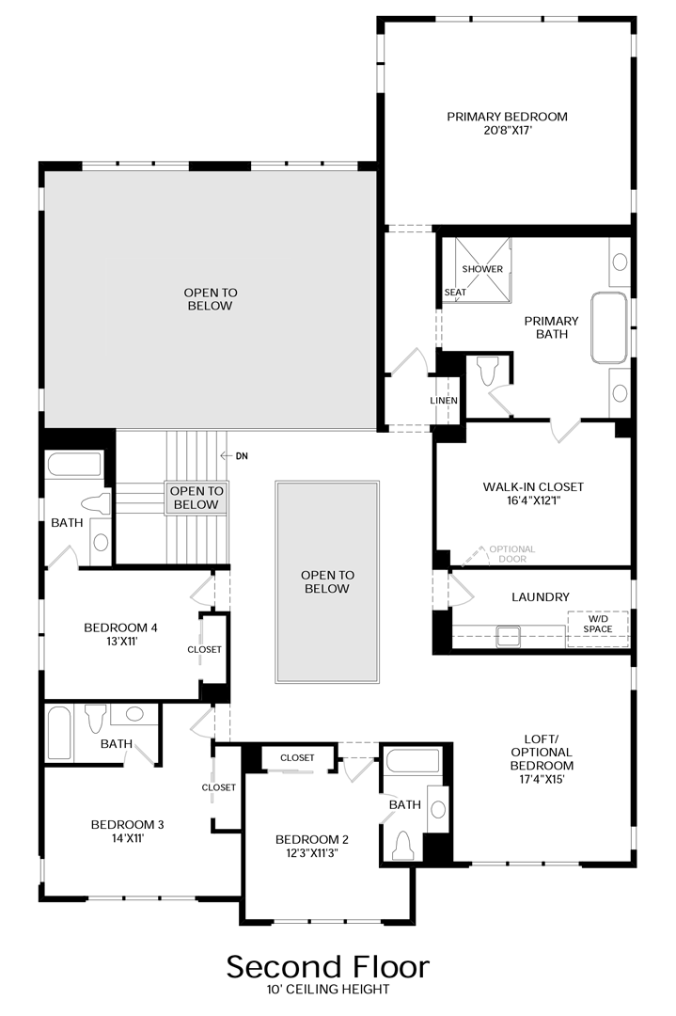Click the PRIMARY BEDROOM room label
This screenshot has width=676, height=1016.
[507, 117]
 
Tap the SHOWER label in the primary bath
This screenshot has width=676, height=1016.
[482, 269]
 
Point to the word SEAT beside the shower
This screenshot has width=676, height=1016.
[455, 293]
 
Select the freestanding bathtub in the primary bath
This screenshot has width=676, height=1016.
[608, 327]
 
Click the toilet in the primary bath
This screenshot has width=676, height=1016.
[486, 372]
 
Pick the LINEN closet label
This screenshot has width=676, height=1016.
[444, 401]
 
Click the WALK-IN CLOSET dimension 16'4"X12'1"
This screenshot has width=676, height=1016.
[533, 500]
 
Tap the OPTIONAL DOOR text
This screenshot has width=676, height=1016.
[511, 554]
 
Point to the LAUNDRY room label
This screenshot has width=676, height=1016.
[541, 596]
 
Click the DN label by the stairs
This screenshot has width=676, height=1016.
[242, 456]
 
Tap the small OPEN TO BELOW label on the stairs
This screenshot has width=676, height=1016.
[197, 498]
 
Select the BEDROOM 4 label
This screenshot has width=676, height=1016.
[120, 627]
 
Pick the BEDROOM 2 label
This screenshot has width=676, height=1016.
[312, 839]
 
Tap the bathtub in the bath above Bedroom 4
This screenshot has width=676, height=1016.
[74, 465]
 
